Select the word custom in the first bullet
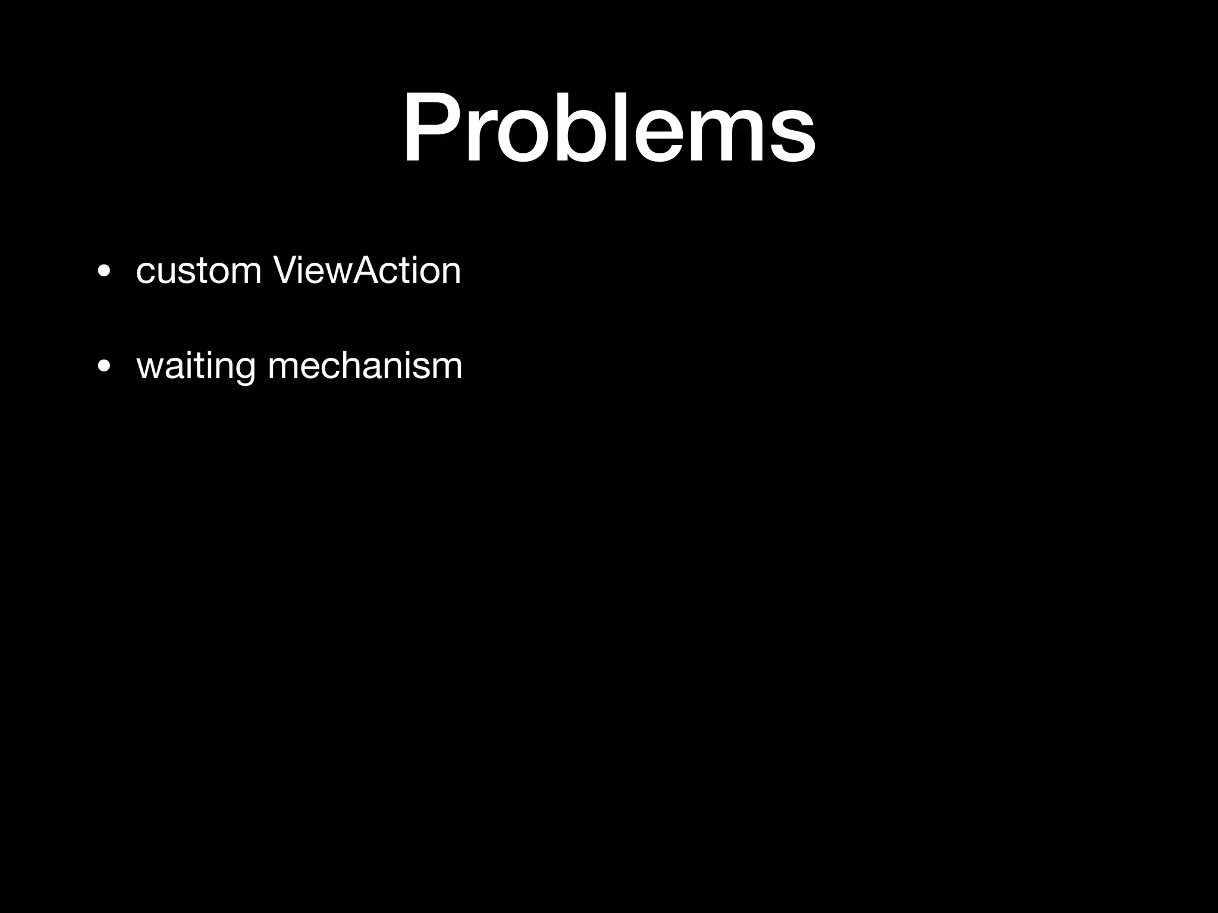click(x=199, y=271)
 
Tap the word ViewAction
click(x=367, y=271)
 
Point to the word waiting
click(x=196, y=366)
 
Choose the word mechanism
click(x=365, y=366)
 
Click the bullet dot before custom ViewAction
click(x=104, y=272)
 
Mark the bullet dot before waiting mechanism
click(x=104, y=367)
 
